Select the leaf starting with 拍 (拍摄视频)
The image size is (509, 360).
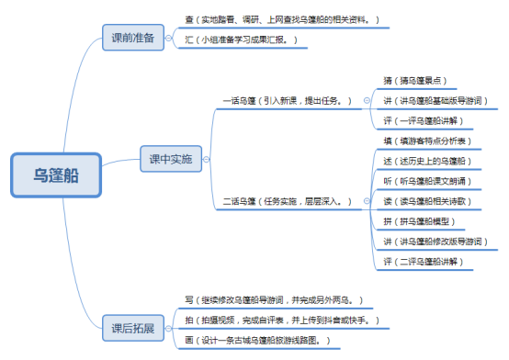[x=280, y=321]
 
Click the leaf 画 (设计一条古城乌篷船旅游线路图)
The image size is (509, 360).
[x=257, y=341]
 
